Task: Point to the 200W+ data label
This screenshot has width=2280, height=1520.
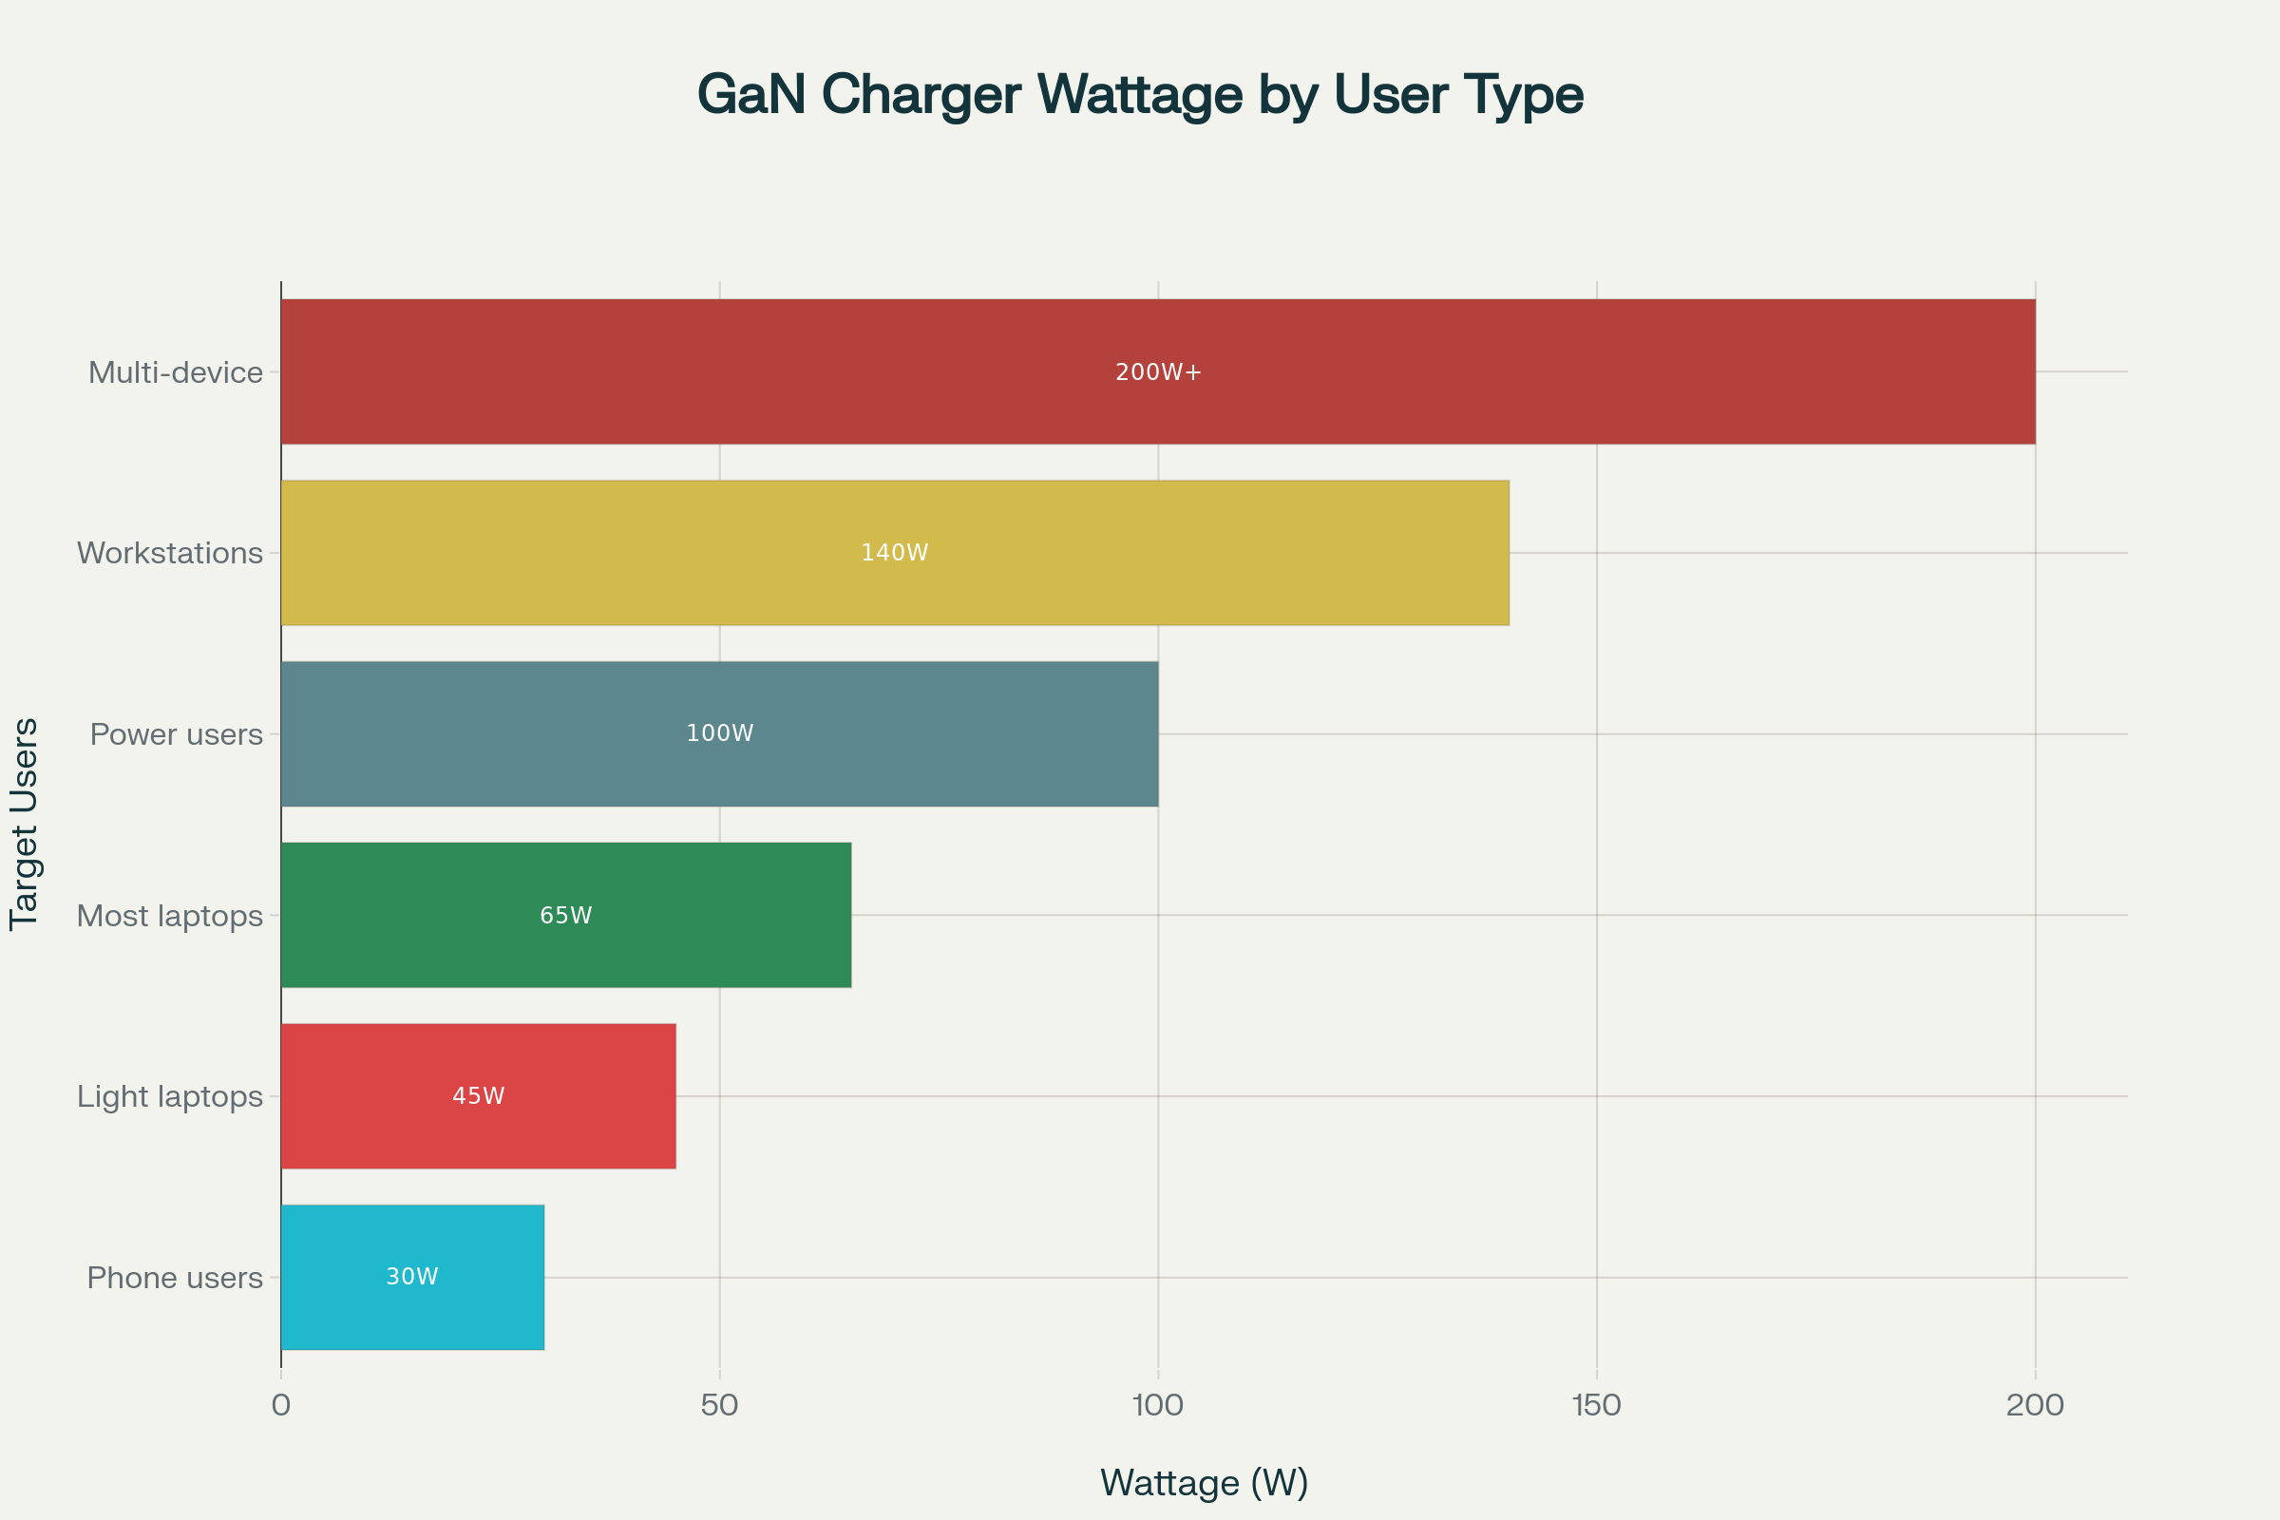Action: [1157, 372]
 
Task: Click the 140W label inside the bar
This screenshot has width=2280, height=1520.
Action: [894, 553]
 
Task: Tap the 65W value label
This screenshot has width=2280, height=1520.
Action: [565, 915]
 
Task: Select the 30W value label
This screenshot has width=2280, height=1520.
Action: [412, 1277]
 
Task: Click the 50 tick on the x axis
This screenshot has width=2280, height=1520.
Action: [719, 1405]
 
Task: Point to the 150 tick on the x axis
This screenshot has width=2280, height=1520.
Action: [1596, 1405]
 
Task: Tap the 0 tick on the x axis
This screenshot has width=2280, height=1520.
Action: [281, 1405]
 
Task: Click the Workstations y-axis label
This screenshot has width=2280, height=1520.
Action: [170, 553]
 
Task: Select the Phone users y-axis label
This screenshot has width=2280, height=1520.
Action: [175, 1278]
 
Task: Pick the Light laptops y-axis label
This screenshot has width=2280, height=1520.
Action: [170, 1096]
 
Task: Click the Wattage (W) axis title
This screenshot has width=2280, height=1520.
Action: [1204, 1482]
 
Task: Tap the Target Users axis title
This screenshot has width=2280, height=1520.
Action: [25, 824]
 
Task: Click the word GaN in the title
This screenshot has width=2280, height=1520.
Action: [751, 95]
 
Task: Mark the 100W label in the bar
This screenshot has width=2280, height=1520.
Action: [719, 732]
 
